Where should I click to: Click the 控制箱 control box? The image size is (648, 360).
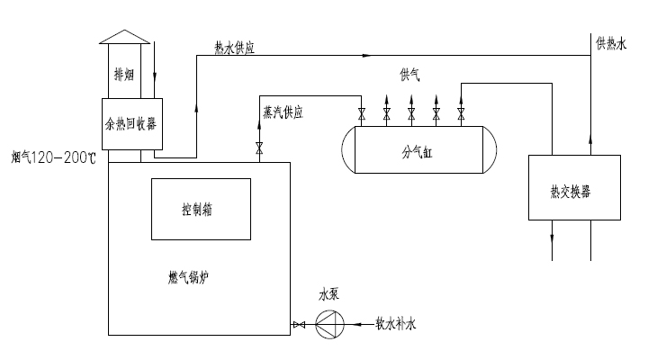201,209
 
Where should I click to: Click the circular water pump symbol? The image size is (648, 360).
329,322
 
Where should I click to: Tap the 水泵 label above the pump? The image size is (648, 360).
328,293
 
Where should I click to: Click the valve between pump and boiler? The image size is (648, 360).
299,323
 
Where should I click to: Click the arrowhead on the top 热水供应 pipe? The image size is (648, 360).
367,55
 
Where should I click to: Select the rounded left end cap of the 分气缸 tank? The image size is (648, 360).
349,150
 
